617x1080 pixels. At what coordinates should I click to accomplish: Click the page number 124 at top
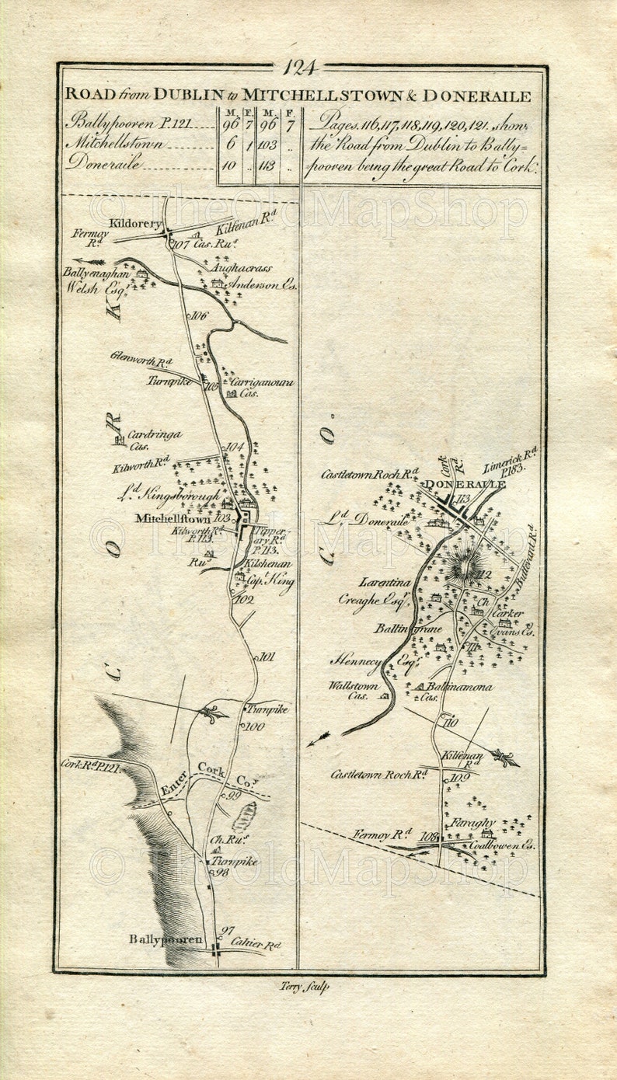(x=300, y=68)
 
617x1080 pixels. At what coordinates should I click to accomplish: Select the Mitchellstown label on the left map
(x=172, y=518)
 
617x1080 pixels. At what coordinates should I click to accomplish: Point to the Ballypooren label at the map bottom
(x=166, y=940)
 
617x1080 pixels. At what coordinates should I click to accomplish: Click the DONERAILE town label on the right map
(x=464, y=484)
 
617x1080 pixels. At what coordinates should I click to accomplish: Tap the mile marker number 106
(x=199, y=315)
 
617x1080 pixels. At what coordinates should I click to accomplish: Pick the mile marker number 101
(x=267, y=657)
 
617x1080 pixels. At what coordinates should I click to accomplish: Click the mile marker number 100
(x=254, y=726)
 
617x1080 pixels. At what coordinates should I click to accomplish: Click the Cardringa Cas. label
(x=153, y=440)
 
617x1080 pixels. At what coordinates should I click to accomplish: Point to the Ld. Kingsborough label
(x=170, y=495)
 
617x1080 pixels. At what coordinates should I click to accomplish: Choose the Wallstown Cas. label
(x=354, y=691)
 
